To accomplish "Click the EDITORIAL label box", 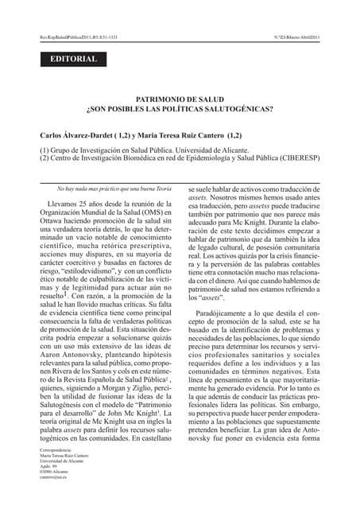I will point(74,59).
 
